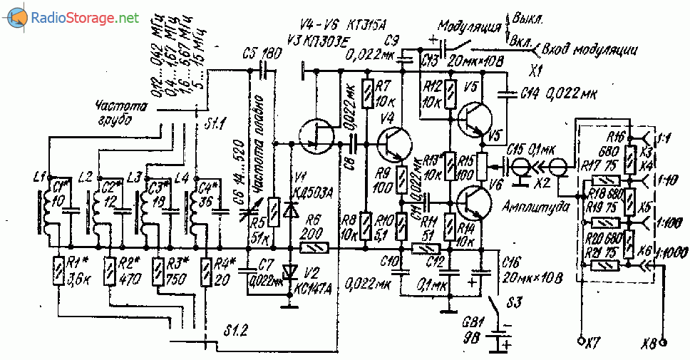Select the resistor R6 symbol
coord(311,248)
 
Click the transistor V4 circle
coord(393,143)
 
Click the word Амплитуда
coord(526,206)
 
